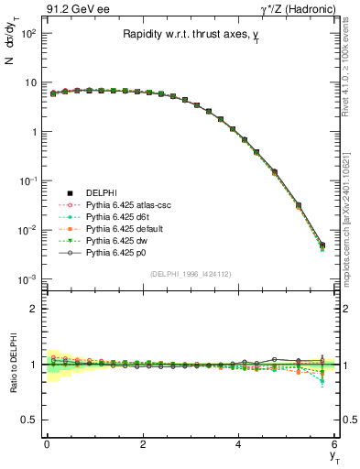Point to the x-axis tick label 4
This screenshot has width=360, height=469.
238,444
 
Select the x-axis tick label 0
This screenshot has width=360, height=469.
46,444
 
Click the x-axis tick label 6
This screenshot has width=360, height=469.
334,444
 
